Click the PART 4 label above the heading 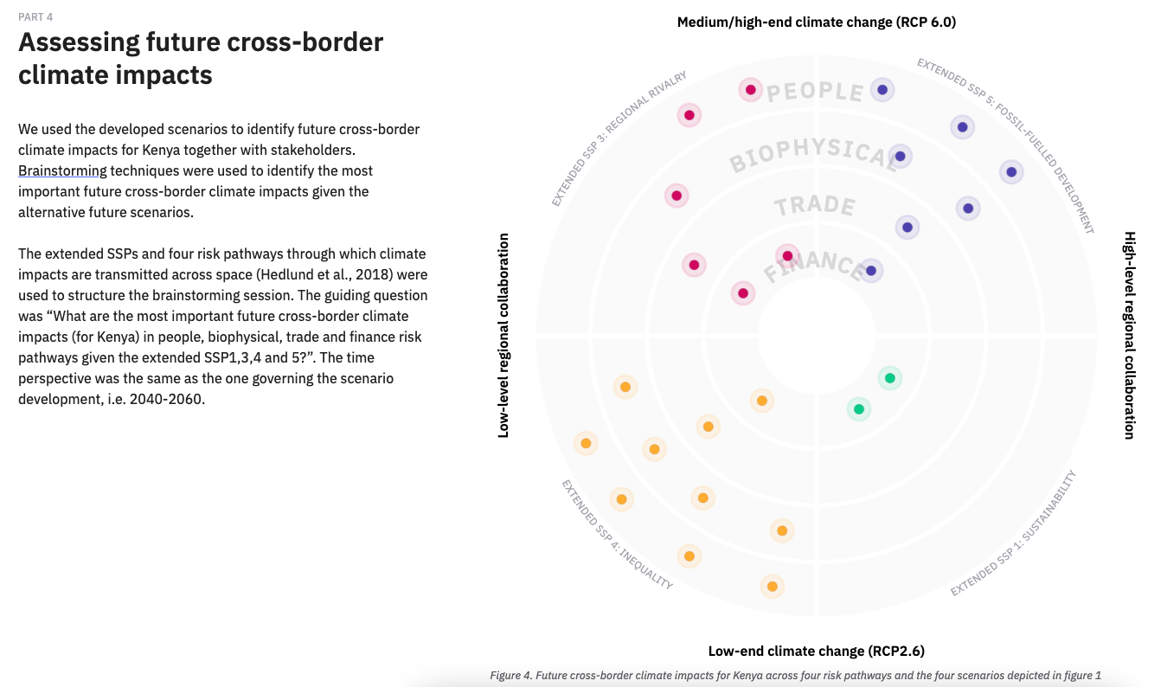(x=35, y=17)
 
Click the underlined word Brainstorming (x=62, y=170)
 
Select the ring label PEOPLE (x=815, y=92)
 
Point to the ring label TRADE (x=815, y=207)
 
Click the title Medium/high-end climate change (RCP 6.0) (x=816, y=22)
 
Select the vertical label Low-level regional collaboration (x=504, y=335)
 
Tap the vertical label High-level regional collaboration (x=1129, y=335)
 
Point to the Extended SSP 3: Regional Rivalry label (x=619, y=139)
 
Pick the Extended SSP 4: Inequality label (x=616, y=534)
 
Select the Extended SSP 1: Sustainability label (x=1013, y=533)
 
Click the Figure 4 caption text (x=795, y=675)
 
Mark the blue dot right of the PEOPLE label (x=882, y=89)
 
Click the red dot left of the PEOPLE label (x=751, y=90)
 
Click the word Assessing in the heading (x=80, y=42)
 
